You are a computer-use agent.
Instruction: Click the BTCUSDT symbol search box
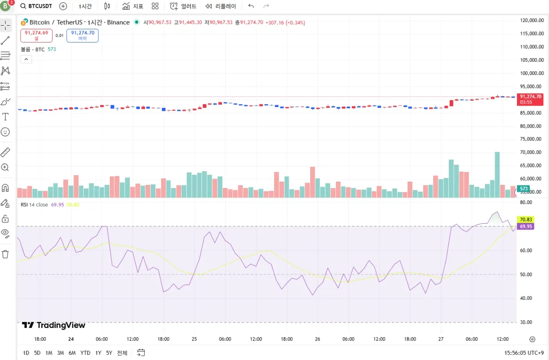coord(36,6)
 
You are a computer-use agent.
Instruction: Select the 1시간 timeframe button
coord(85,6)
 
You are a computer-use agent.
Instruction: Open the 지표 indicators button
coord(133,6)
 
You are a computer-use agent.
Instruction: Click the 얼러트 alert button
coord(183,6)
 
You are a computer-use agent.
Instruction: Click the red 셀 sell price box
coord(36,35)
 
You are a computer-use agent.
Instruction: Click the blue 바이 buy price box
coord(82,35)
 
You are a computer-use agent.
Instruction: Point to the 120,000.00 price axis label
coord(532,21)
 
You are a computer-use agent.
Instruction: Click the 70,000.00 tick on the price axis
coord(532,152)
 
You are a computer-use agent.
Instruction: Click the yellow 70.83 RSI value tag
coord(524,220)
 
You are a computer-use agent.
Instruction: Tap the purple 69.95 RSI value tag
coord(524,226)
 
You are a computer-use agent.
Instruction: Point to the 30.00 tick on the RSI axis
coord(526,322)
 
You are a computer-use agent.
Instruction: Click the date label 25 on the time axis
coord(194,339)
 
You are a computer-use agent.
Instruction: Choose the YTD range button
coord(85,353)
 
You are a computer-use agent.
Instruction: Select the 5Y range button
coord(109,353)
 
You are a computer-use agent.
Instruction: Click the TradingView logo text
coord(54,325)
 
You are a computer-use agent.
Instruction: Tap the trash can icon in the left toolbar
coord(5,254)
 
